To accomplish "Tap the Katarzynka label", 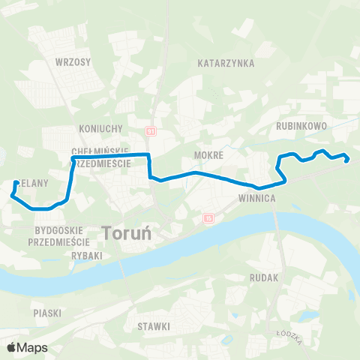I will coord(226,64).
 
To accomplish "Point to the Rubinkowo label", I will coord(301,127).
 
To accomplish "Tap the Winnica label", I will coord(258,199).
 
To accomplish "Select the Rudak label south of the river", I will coord(266,277).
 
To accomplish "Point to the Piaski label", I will coord(46,312).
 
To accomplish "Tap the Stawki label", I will coord(154,327).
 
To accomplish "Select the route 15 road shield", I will coord(208,218).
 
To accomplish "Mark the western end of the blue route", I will coord(16,182).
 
